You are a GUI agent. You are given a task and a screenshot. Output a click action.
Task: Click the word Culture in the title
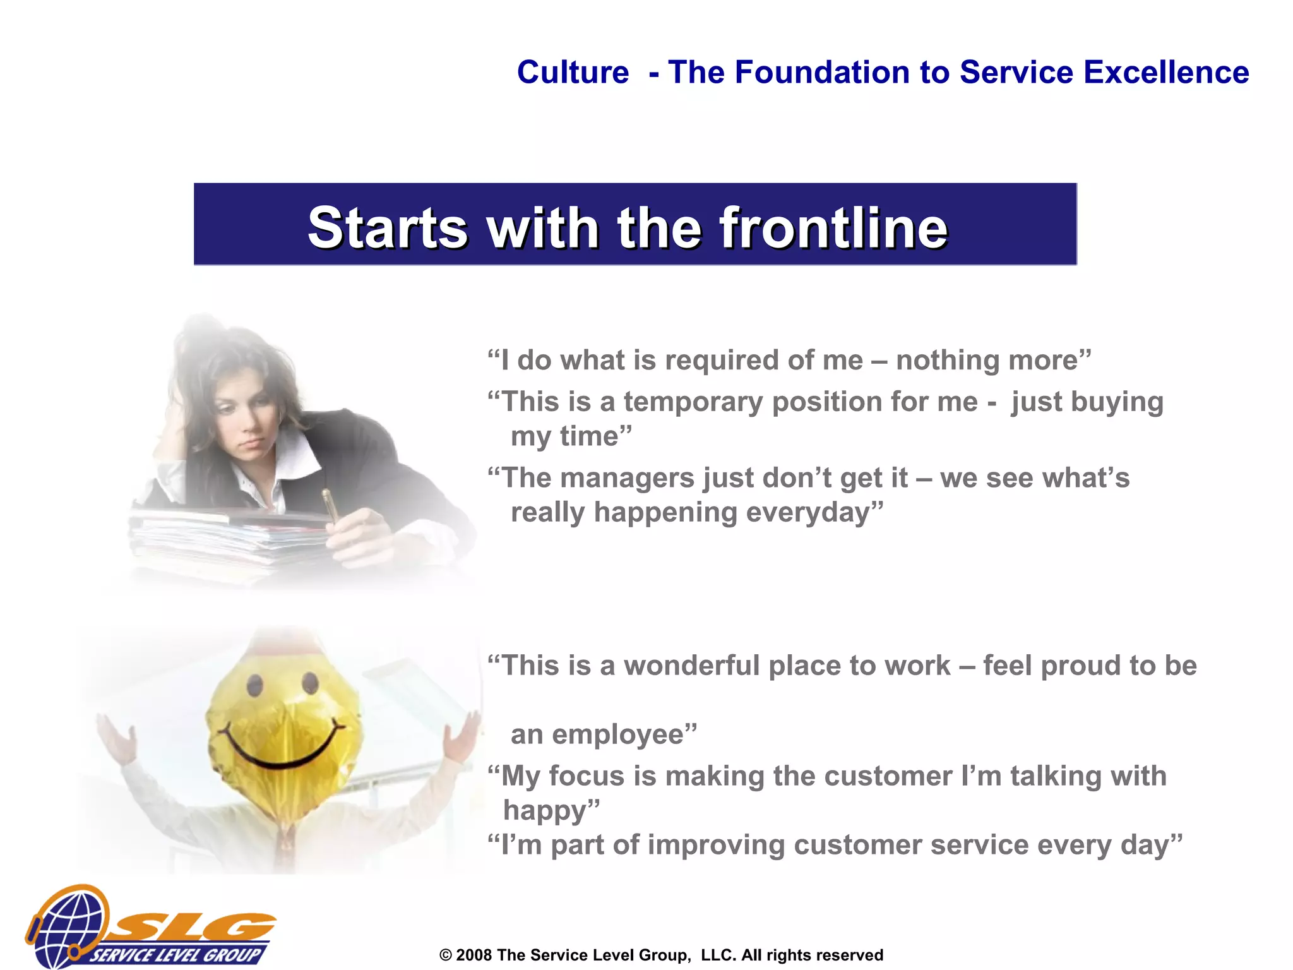coord(573,72)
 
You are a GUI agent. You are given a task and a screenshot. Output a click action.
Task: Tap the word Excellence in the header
coord(1166,72)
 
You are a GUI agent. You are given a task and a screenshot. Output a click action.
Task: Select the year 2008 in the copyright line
coord(474,955)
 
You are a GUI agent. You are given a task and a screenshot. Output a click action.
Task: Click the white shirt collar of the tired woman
coord(297,452)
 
